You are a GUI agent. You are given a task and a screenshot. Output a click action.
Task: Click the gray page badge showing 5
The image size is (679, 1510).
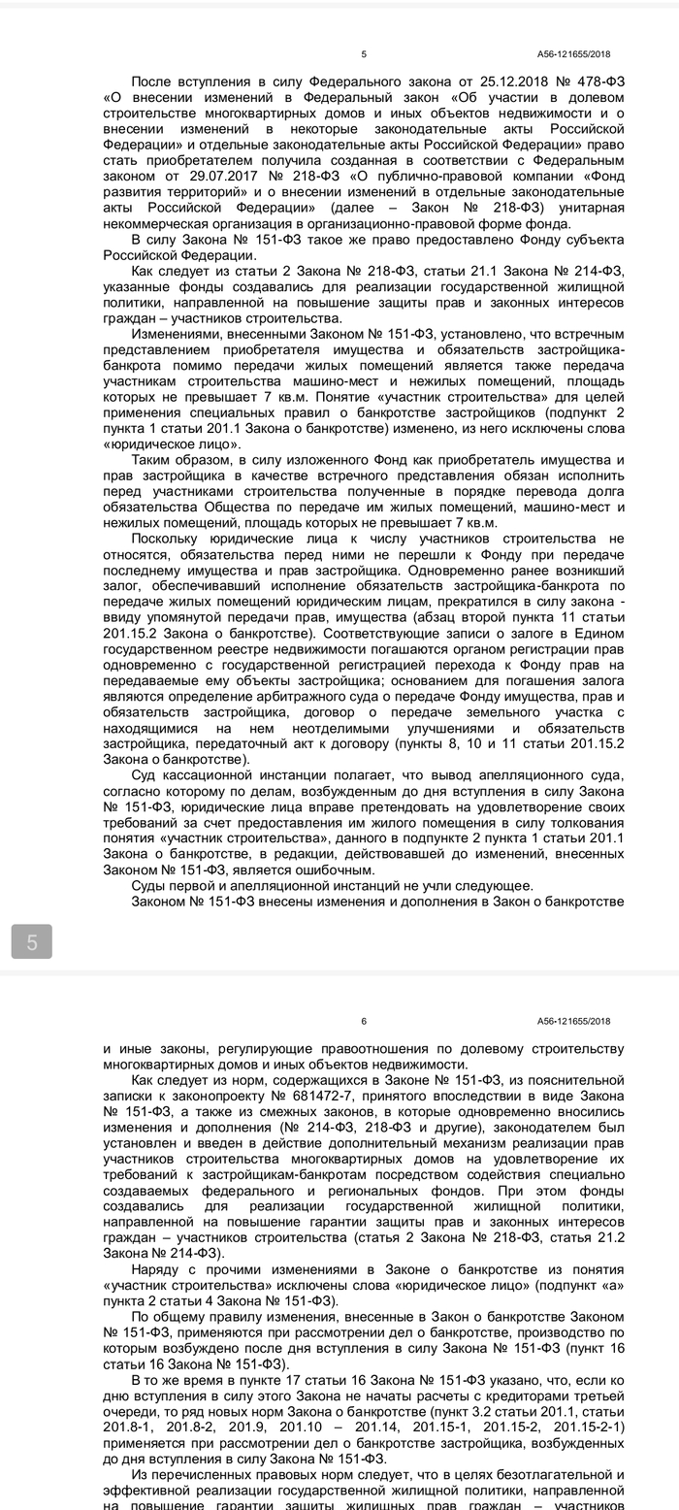pos(32,941)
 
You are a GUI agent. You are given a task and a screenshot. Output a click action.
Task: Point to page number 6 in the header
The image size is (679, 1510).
pos(364,1020)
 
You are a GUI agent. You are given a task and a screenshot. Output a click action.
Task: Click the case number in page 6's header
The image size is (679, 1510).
pos(573,1020)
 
